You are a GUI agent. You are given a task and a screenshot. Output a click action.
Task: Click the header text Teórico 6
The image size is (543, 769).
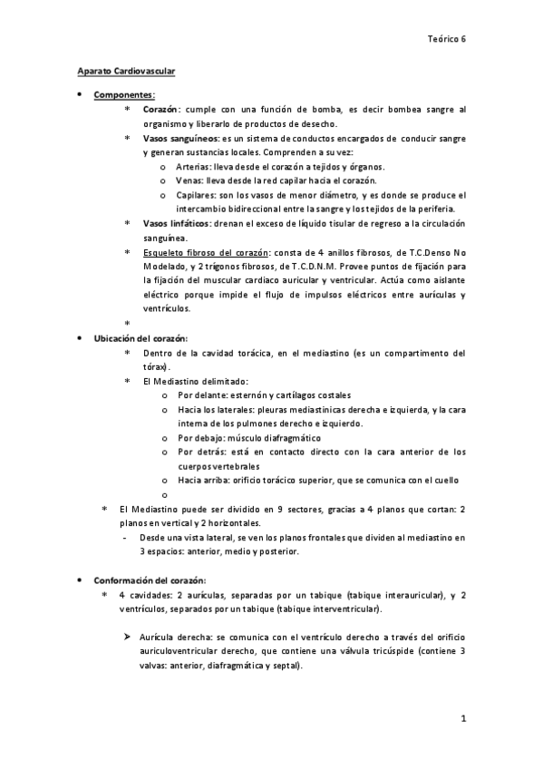tap(446, 39)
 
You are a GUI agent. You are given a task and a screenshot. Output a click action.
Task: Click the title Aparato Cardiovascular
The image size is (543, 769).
tap(125, 71)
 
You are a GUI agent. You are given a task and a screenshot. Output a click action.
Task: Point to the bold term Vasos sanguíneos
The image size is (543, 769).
tap(179, 139)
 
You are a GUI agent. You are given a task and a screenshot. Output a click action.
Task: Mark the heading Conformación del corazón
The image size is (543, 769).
tap(150, 579)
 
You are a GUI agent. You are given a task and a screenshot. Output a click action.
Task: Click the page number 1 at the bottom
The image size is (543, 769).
tap(462, 720)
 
